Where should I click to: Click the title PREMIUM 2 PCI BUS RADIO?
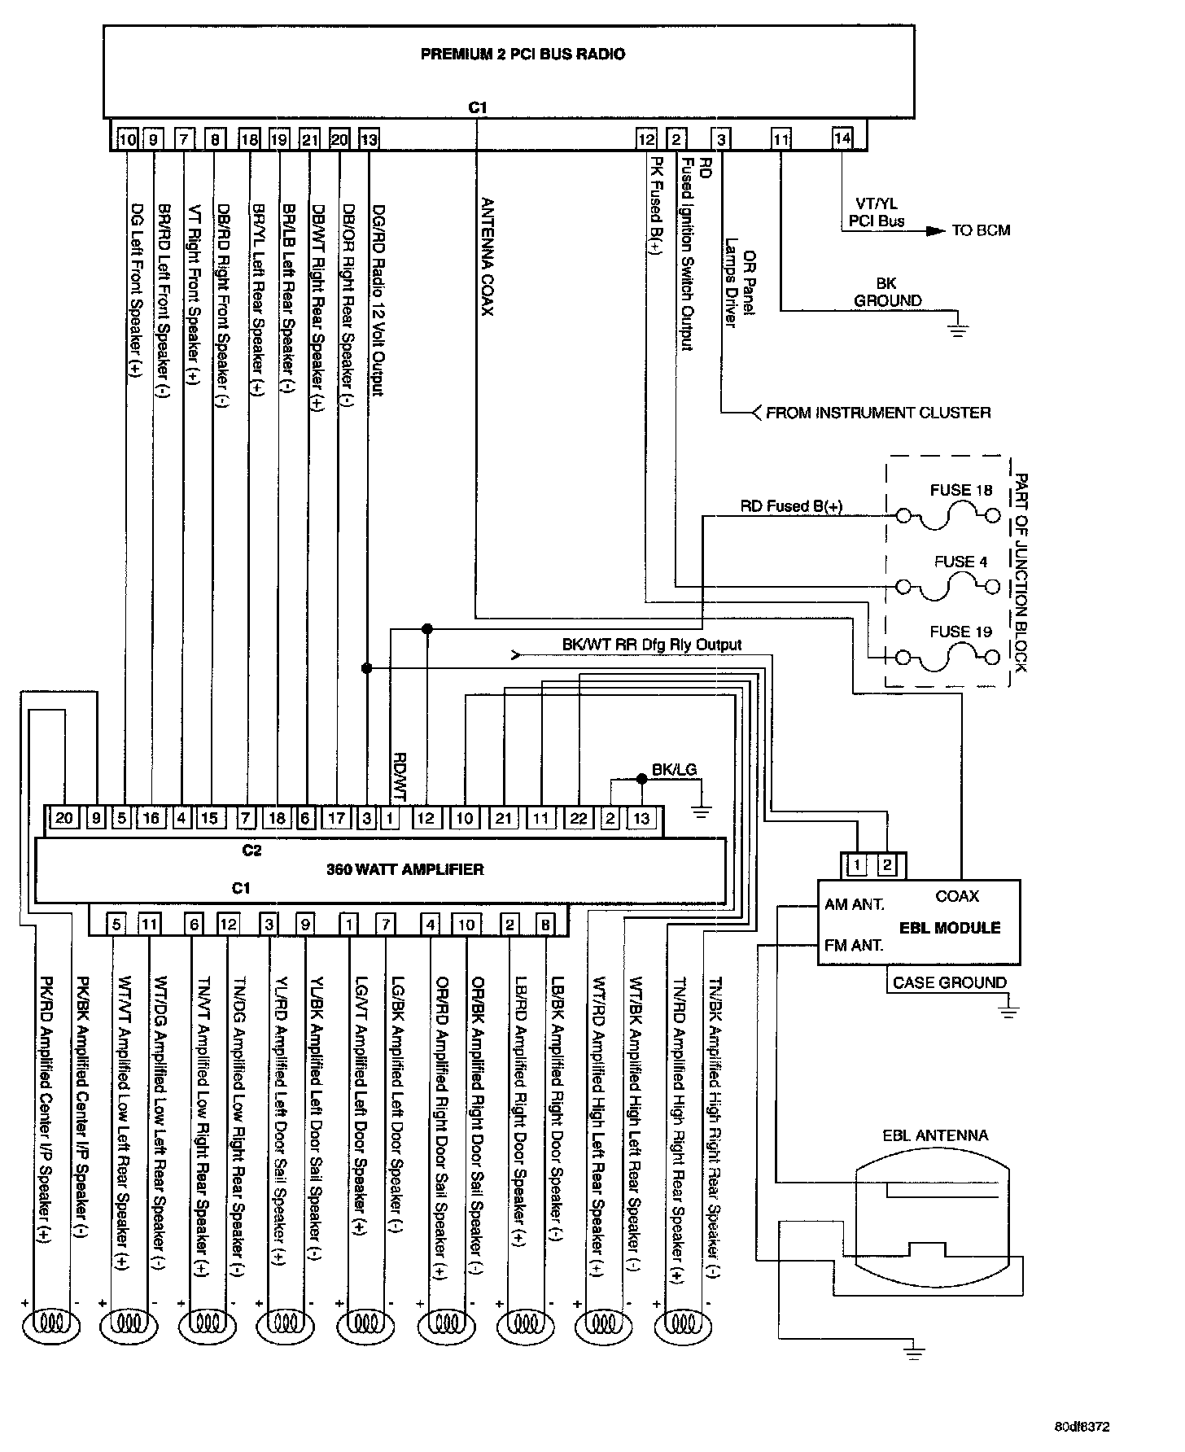[x=523, y=55]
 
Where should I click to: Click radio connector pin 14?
[x=842, y=138]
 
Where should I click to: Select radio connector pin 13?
[x=369, y=140]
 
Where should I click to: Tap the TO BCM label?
[x=981, y=230]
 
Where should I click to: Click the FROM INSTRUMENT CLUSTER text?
[x=878, y=413]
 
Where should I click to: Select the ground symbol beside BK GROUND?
[x=959, y=329]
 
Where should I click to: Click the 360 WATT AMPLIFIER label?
[x=404, y=869]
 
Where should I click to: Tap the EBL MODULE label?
[x=949, y=927]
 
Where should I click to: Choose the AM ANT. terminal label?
[x=854, y=904]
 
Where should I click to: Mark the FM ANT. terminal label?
[x=854, y=945]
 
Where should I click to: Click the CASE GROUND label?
[x=949, y=982]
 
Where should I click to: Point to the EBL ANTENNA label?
[x=935, y=1135]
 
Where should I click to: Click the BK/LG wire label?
[x=674, y=770]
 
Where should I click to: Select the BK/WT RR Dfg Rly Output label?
[x=651, y=645]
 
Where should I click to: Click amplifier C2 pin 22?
[x=578, y=818]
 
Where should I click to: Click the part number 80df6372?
[x=1082, y=1427]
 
